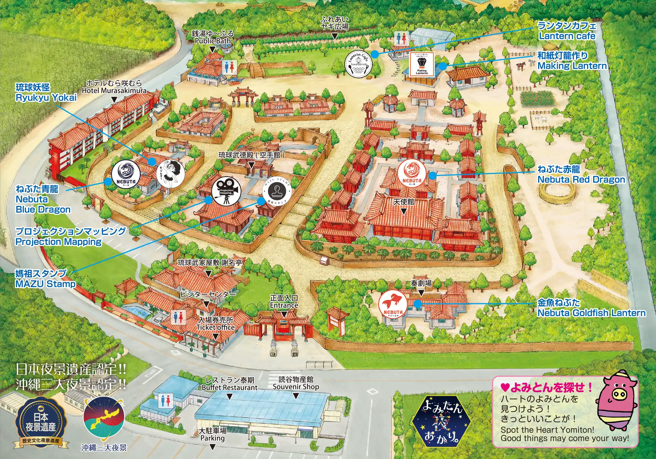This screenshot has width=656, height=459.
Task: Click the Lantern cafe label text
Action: pos(567,36)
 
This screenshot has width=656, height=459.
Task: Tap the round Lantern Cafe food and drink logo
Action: pos(358,64)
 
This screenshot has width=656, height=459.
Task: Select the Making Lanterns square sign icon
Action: pos(422,64)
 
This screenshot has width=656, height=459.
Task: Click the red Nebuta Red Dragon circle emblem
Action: pos(412,173)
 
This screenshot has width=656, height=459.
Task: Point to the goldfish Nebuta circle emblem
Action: pos(393,304)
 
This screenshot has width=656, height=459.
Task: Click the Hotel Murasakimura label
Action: pos(114,91)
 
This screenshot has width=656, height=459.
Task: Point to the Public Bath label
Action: pos(213,41)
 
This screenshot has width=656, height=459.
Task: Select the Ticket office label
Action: pos(215,327)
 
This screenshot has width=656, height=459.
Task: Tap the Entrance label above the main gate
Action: pos(284,305)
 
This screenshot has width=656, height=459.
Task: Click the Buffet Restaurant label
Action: pos(230,388)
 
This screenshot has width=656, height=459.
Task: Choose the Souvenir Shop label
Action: pos(296,387)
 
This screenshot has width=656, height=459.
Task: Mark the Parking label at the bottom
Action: pos(213,438)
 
